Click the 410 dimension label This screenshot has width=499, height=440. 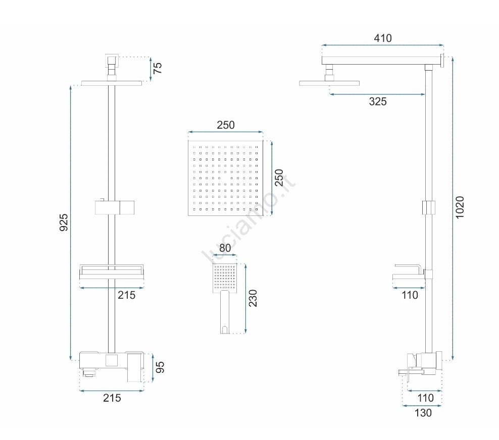click(x=382, y=38)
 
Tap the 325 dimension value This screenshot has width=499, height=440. click(x=378, y=101)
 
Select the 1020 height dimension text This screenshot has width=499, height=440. click(x=460, y=207)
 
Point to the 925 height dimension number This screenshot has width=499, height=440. click(x=64, y=222)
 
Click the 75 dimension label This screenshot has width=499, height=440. click(x=158, y=68)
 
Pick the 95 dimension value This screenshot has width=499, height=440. click(x=160, y=367)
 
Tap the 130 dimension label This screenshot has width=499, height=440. click(x=423, y=413)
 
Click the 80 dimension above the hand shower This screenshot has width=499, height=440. click(x=225, y=248)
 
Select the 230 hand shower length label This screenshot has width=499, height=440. click(x=253, y=298)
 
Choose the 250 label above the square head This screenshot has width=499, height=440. click(x=226, y=125)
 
